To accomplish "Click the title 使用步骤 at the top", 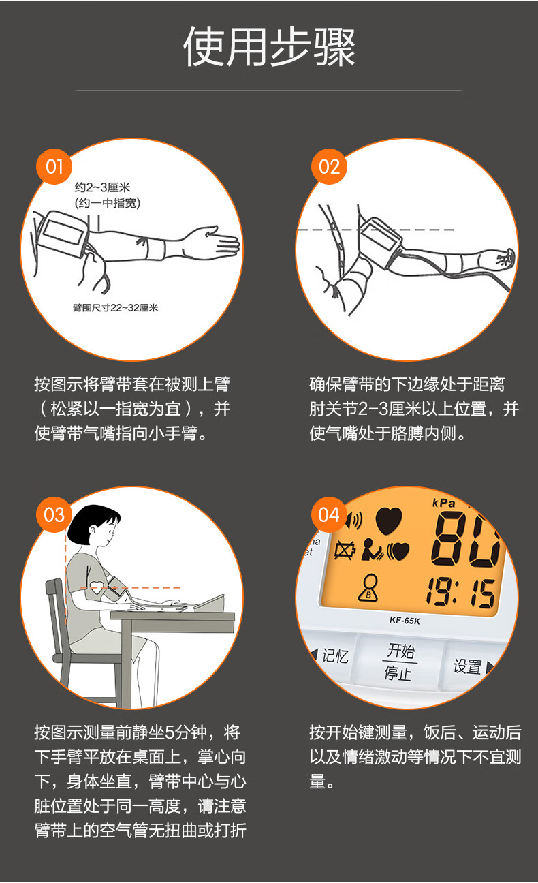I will pos(269,46).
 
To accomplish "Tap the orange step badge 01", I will pos(54,167).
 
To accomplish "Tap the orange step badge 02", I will pos(329,167).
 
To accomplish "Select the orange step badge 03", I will pos(54,514).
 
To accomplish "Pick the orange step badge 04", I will pos(329,514).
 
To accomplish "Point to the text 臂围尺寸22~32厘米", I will pos(115,308).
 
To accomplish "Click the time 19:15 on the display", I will pos(460,593).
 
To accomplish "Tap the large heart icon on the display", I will pos(388,521).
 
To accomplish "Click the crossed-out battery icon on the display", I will pos(345,549).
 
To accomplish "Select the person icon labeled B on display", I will pos(369,589).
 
